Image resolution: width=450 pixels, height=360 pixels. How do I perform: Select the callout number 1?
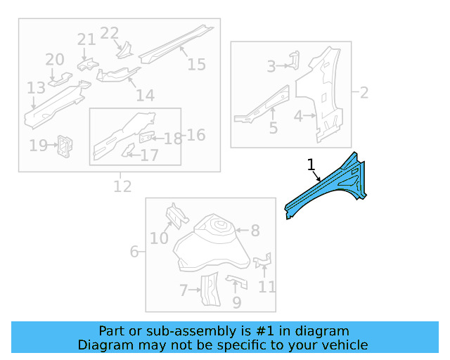(x=311, y=165)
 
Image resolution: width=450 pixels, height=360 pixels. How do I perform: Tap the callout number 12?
(x=122, y=187)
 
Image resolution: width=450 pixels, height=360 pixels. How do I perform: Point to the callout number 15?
(x=197, y=65)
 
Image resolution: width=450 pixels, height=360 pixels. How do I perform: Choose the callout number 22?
(x=110, y=33)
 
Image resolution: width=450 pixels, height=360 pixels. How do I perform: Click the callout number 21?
(x=86, y=39)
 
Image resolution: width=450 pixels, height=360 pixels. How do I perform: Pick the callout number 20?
(x=55, y=60)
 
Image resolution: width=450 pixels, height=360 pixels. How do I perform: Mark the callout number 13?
(x=36, y=88)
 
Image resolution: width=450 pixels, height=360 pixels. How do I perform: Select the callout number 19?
(x=38, y=146)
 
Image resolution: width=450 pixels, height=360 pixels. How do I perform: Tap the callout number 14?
(x=145, y=96)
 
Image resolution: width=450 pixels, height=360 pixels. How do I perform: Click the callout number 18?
(x=173, y=139)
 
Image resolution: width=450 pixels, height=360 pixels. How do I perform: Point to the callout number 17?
(x=150, y=155)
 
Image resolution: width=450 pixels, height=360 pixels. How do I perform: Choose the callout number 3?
(x=271, y=67)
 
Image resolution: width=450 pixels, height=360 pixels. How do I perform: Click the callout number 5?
(x=274, y=129)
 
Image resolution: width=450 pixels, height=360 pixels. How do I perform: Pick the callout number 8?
(x=255, y=230)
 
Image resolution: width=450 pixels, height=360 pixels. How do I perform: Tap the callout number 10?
(x=159, y=238)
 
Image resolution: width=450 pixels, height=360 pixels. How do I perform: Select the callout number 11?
(x=267, y=286)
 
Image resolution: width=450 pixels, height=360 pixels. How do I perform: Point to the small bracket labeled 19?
(x=65, y=145)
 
